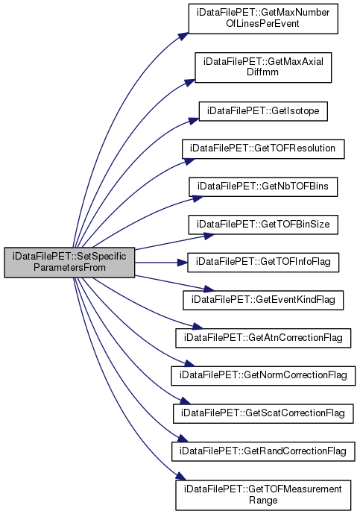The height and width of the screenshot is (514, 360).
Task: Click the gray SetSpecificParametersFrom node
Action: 69,263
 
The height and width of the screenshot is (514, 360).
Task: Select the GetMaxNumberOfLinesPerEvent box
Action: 263,19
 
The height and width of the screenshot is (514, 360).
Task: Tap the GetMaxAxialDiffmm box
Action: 263,67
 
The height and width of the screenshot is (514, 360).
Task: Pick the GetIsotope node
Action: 263,111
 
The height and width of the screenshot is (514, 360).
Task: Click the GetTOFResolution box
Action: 263,149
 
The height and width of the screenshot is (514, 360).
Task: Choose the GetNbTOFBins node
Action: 263,187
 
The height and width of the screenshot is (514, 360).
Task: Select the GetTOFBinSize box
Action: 263,225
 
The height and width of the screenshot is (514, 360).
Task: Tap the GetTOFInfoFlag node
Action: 263,263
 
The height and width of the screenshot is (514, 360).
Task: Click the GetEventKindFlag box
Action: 263,300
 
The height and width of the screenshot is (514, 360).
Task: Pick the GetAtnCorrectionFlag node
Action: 263,338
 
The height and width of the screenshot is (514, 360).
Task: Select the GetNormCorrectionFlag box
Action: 263,376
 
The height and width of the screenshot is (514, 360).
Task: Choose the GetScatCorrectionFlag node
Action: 263,413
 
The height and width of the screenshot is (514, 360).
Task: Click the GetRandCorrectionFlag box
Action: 263,451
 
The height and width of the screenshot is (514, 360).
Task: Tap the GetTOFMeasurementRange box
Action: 263,495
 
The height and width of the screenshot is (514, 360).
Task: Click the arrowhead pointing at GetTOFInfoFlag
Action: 182,263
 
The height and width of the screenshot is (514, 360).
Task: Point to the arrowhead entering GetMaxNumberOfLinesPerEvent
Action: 184,37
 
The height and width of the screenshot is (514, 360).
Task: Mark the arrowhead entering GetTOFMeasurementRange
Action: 181,477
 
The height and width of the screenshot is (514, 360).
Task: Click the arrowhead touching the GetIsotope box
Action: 194,122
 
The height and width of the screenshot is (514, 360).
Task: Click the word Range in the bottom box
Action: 263,501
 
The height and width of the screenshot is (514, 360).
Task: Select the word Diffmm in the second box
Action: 262,72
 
